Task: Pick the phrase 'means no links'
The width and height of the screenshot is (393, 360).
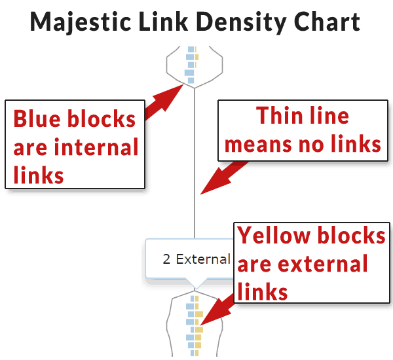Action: (x=302, y=144)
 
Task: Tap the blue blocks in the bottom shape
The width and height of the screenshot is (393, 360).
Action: (x=190, y=324)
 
